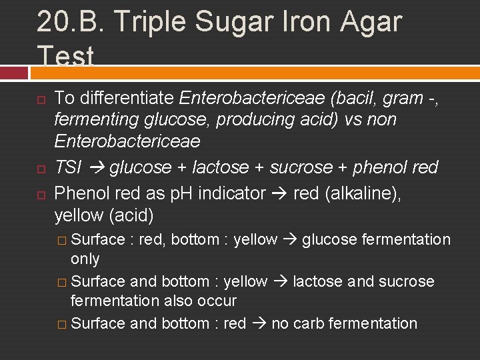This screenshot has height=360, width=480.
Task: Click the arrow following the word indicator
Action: tap(279, 194)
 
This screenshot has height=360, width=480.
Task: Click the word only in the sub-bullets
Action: tap(85, 259)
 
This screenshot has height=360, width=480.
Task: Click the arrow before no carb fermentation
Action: tap(258, 323)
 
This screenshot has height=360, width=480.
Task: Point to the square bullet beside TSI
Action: tap(41, 168)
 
